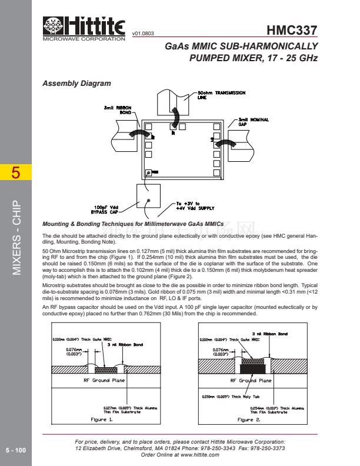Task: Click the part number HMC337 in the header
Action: click(x=292, y=30)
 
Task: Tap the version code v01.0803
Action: click(x=144, y=35)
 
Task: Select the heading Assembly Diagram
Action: click(x=76, y=84)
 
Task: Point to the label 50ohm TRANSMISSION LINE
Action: click(x=221, y=95)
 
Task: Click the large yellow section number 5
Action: click(x=16, y=174)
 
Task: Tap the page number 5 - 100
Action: click(x=16, y=450)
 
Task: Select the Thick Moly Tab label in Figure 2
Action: click(x=222, y=397)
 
